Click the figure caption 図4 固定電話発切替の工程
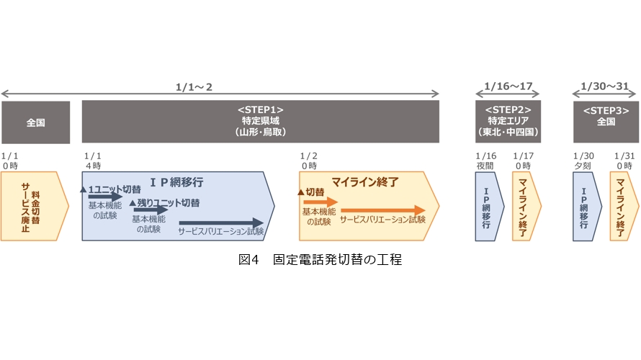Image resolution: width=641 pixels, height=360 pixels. pos(320,260)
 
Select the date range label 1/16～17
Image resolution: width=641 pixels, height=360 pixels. pos(508,87)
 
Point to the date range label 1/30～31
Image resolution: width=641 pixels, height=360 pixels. pos(606,87)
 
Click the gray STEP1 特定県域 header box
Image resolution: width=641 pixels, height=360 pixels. pos(260,122)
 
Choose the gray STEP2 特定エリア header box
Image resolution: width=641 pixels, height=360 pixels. pos(508,122)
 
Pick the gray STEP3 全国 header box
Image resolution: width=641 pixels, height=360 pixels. pos(606,122)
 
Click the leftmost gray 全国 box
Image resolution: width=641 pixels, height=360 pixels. pos(35,122)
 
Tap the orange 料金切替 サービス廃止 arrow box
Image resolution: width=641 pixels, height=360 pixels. pos(33,205)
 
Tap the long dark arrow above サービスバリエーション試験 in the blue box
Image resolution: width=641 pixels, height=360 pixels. pos(222,223)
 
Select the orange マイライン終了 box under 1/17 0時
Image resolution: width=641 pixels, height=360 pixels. pos(524,205)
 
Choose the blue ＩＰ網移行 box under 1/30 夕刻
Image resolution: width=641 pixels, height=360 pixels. pos(584,205)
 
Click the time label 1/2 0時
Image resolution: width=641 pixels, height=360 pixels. pos(309,160)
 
